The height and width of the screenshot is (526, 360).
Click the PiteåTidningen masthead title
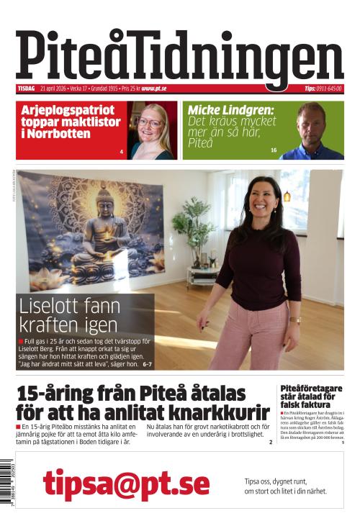179,55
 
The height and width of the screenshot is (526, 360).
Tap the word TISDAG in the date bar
26,89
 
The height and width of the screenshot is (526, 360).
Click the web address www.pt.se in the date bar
154,89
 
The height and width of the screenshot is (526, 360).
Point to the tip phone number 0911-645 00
328,89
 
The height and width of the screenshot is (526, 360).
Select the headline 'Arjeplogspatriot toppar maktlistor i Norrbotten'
69,122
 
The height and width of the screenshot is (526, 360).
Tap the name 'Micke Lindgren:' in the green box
231,110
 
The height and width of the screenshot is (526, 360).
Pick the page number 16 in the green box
274,150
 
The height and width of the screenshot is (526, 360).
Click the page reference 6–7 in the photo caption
147,364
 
